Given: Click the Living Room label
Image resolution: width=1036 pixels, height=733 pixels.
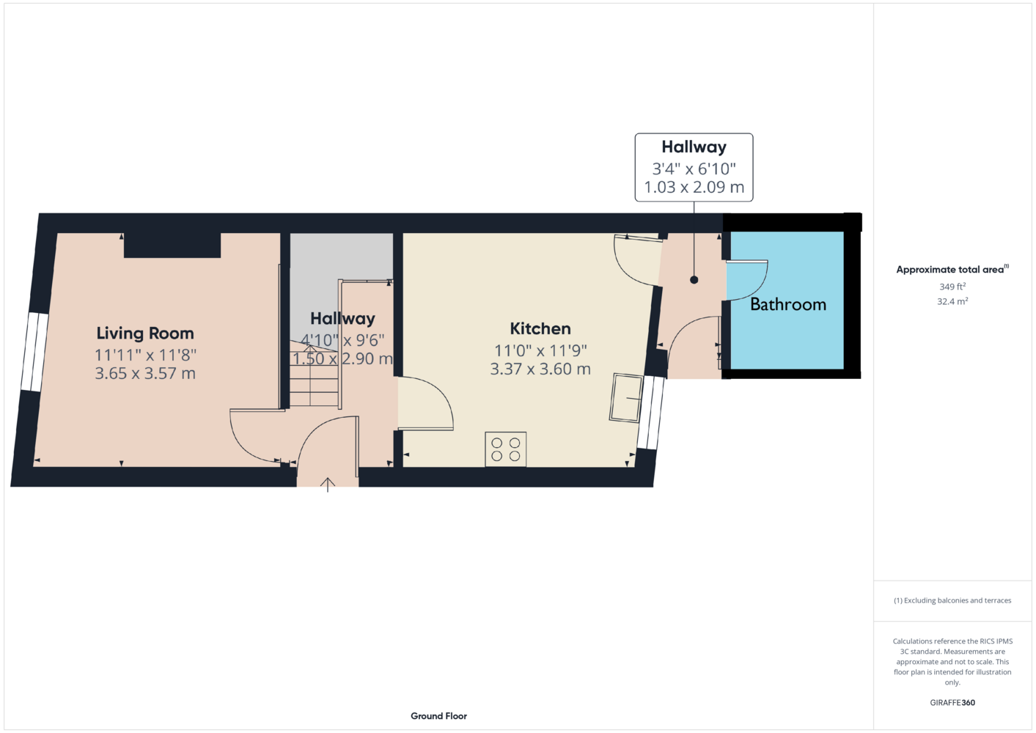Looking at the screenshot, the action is (144, 334).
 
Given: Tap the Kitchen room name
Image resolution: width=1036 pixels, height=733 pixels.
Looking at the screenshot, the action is (540, 329).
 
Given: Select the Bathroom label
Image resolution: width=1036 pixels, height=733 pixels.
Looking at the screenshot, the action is (788, 304).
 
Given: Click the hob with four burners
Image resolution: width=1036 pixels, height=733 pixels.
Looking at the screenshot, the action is (505, 449).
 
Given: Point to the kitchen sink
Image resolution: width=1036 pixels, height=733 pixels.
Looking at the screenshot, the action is (626, 398).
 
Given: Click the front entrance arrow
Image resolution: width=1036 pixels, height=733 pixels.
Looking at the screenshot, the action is (328, 485).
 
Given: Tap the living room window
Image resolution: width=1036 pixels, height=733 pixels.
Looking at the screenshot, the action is (34, 353).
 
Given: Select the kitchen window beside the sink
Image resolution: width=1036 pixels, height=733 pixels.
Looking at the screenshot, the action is (651, 413).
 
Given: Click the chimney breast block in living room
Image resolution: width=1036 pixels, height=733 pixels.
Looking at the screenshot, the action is (172, 245).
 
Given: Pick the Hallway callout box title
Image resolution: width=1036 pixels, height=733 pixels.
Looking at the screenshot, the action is (694, 147).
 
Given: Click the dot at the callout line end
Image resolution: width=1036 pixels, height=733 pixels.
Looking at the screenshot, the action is (694, 280).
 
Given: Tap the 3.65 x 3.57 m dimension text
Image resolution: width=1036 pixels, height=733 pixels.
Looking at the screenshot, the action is (145, 373).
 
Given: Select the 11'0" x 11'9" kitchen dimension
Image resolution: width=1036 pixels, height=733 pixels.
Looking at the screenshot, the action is (540, 351).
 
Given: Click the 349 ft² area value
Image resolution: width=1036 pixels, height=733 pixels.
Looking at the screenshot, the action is (952, 287).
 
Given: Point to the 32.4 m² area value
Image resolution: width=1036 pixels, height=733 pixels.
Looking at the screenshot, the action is (952, 301).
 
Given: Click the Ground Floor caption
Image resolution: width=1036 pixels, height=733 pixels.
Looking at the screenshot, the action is (439, 716).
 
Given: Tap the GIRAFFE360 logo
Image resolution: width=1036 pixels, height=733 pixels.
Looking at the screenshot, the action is (952, 702).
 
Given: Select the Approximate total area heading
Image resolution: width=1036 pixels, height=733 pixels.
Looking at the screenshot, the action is (952, 270).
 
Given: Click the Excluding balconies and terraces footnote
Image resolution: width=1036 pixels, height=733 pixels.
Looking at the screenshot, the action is (952, 600).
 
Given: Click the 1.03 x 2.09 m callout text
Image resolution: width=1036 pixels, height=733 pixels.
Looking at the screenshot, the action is (694, 188).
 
